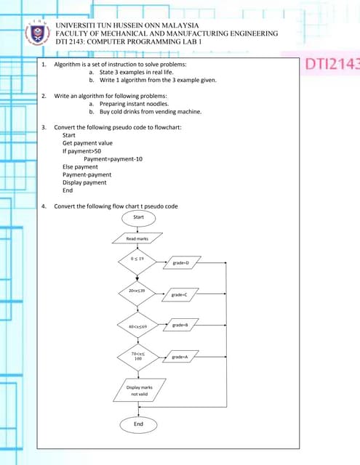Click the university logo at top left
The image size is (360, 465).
click(x=36, y=33)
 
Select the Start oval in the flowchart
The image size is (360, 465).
click(x=138, y=217)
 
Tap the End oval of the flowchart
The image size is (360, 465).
click(x=138, y=424)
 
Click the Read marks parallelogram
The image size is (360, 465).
click(x=137, y=238)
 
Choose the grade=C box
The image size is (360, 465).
click(x=180, y=294)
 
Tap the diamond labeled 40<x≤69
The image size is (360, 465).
click(x=137, y=326)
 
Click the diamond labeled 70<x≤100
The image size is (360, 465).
click(x=137, y=356)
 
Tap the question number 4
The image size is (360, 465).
click(x=44, y=206)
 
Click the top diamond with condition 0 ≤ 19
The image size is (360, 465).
click(x=137, y=259)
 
